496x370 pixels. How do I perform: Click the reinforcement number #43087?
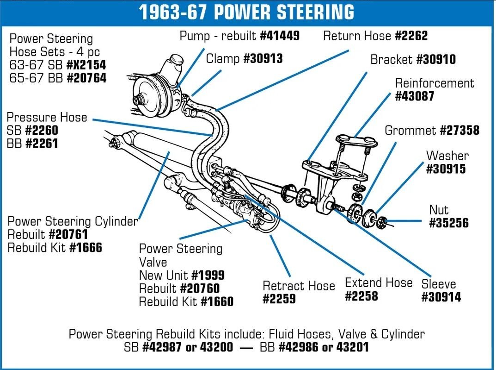(x=415, y=96)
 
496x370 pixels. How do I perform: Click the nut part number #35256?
(x=448, y=223)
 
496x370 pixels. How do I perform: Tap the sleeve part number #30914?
(x=441, y=297)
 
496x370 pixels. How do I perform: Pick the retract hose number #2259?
(x=279, y=300)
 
